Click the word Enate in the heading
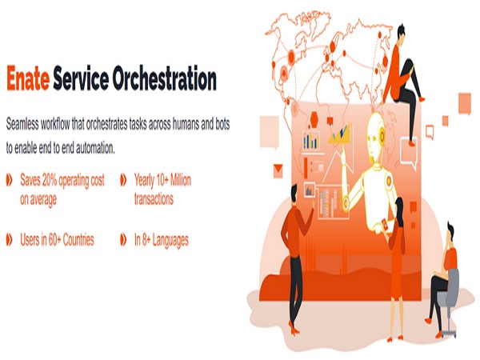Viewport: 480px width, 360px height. click(29, 80)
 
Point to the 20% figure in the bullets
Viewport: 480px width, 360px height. click(52, 181)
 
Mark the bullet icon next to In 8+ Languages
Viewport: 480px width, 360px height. click(123, 239)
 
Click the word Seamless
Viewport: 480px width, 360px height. click(26, 126)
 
